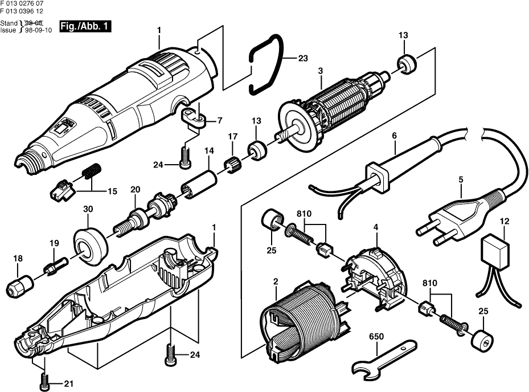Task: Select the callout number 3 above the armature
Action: (320, 71)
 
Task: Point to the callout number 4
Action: (376, 228)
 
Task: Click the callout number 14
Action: (209, 151)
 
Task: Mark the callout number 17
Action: (232, 137)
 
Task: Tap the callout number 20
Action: (135, 189)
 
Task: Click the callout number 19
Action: (54, 243)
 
